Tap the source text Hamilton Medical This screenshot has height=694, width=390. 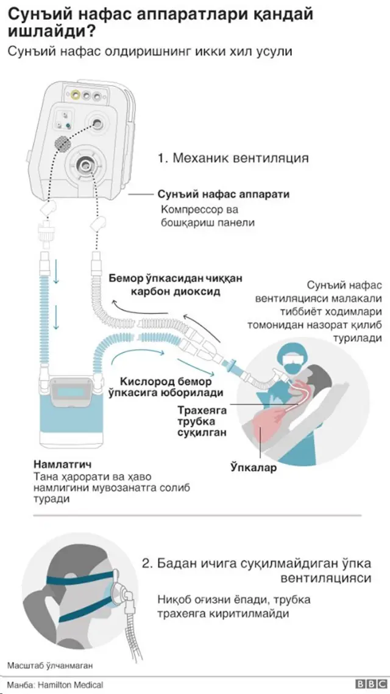[68, 685]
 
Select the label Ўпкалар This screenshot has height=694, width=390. [253, 468]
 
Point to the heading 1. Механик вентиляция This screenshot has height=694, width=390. [233, 158]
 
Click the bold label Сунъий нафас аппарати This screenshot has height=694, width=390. [223, 195]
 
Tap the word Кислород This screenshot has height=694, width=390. [144, 380]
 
